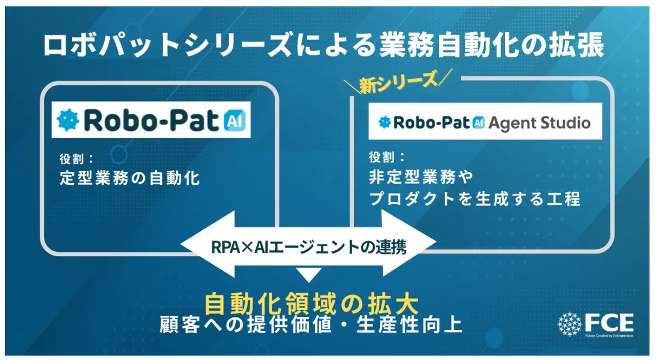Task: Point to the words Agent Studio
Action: [540, 123]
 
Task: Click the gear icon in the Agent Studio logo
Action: [384, 123]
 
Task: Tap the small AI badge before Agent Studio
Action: [479, 123]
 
